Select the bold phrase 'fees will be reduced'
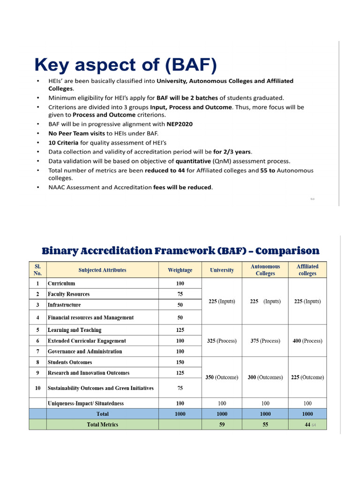click(182, 187)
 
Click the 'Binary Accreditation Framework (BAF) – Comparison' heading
click(180, 250)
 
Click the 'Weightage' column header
click(180, 270)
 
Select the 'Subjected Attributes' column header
click(102, 270)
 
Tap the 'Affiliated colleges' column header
click(307, 270)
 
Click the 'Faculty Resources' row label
click(68, 294)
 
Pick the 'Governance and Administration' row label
click(84, 352)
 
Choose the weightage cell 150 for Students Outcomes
click(180, 362)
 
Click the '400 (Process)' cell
click(307, 341)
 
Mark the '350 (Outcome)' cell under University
click(222, 377)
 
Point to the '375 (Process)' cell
click(265, 341)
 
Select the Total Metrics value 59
click(222, 425)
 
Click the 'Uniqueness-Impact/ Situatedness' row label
click(86, 404)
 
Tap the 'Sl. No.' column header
click(37, 270)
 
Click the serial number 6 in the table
click(37, 341)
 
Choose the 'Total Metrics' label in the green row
click(102, 425)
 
